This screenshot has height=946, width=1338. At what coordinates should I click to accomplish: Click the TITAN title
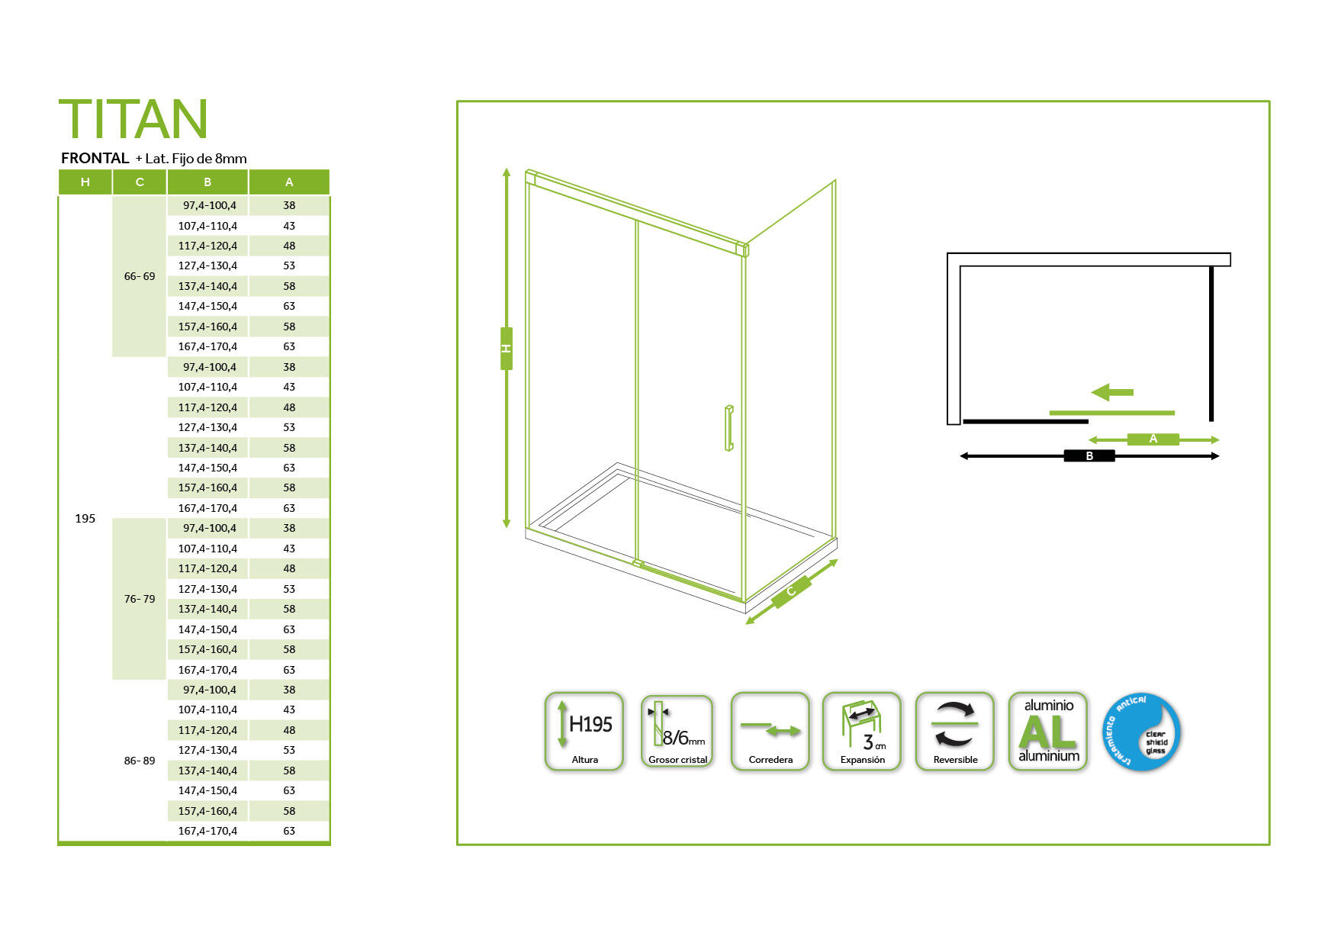click(133, 119)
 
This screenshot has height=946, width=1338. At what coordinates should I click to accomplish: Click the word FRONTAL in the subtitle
click(95, 159)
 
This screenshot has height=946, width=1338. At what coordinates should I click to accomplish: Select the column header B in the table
click(207, 182)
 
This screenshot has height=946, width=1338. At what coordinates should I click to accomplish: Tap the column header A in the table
click(289, 182)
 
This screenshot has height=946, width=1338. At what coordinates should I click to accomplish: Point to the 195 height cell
click(85, 519)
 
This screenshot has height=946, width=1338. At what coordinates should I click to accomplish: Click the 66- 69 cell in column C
click(139, 276)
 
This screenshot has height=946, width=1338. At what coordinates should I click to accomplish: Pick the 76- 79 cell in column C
click(139, 599)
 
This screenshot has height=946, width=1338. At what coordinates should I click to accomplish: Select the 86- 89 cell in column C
click(139, 761)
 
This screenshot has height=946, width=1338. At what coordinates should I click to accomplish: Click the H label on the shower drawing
click(507, 349)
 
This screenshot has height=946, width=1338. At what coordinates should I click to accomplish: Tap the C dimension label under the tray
click(791, 591)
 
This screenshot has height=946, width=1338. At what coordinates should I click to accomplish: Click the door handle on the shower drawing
click(729, 428)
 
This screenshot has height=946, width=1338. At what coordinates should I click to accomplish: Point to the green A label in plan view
click(1153, 439)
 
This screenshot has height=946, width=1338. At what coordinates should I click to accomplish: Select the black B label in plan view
click(1089, 456)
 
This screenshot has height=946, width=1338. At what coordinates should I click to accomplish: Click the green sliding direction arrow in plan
click(1113, 392)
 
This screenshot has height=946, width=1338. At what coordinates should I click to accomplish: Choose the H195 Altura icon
click(584, 732)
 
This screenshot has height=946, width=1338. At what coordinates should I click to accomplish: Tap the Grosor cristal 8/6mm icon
click(677, 732)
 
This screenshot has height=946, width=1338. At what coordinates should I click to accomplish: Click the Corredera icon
click(770, 732)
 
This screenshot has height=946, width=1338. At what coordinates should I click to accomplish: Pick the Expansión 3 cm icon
click(863, 732)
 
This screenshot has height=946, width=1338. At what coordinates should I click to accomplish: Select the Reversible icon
click(955, 732)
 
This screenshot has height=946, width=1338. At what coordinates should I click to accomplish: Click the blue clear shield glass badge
click(1142, 732)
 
